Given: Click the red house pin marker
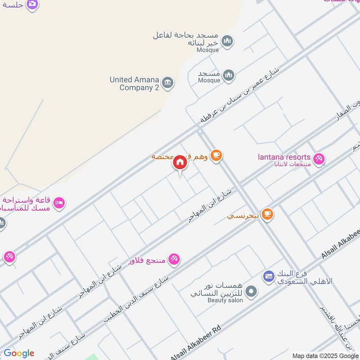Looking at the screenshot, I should [180, 163].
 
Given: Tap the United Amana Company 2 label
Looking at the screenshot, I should [134, 84].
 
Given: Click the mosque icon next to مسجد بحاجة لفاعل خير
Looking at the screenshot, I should [228, 41].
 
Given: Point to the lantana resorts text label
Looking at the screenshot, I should [284, 157].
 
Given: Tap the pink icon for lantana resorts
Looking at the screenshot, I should [319, 159].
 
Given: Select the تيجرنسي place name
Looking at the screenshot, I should [243, 216].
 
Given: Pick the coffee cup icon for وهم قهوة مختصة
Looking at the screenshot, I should [216, 155].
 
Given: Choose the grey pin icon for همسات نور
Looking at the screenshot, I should [252, 291].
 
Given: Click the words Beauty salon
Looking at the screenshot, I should [225, 300].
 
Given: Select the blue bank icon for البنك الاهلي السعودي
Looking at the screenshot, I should [269, 275].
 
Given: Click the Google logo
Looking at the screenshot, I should [19, 353].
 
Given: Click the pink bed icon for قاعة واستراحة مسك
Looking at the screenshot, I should [59, 204].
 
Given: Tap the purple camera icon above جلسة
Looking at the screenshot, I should [32, 4].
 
